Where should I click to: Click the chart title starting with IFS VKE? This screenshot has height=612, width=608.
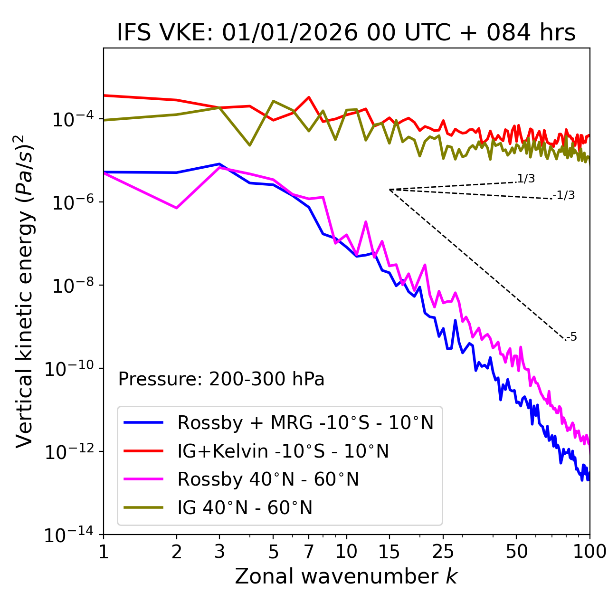click(x=346, y=33)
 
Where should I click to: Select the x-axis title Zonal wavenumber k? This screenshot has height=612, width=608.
click(x=346, y=576)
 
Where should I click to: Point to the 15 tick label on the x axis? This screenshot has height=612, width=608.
click(x=389, y=552)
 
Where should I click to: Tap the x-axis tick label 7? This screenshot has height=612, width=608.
click(x=309, y=552)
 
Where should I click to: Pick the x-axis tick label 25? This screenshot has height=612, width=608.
click(x=443, y=552)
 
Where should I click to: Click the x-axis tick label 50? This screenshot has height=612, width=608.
click(x=516, y=552)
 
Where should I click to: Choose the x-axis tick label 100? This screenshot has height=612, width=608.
click(x=589, y=552)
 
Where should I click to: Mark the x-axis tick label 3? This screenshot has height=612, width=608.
click(x=219, y=552)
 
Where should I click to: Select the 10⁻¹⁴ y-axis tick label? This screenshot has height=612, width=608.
click(x=68, y=535)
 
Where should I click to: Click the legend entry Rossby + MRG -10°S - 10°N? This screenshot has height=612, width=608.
click(x=305, y=422)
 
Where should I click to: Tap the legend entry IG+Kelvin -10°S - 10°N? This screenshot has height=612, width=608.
click(x=283, y=451)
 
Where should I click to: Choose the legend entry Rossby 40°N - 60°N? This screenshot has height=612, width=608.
click(x=268, y=479)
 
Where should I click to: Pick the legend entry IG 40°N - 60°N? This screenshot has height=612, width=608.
click(x=245, y=508)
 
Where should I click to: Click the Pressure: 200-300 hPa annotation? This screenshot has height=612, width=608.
click(x=221, y=379)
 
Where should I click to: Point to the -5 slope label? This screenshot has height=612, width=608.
click(x=572, y=337)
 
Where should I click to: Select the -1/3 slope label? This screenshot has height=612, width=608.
click(x=564, y=195)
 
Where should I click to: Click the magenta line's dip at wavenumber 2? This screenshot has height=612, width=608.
click(x=177, y=208)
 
